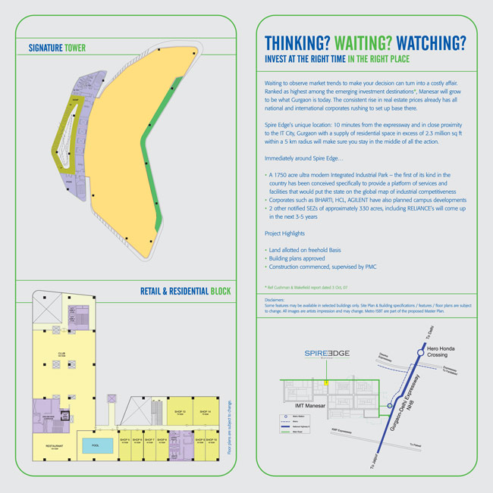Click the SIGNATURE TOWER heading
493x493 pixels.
click(x=57, y=48)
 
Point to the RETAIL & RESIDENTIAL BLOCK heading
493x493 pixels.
click(x=185, y=291)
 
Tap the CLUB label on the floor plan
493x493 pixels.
click(x=61, y=353)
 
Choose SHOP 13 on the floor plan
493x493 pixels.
click(x=179, y=413)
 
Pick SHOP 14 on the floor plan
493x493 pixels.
click(x=205, y=413)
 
